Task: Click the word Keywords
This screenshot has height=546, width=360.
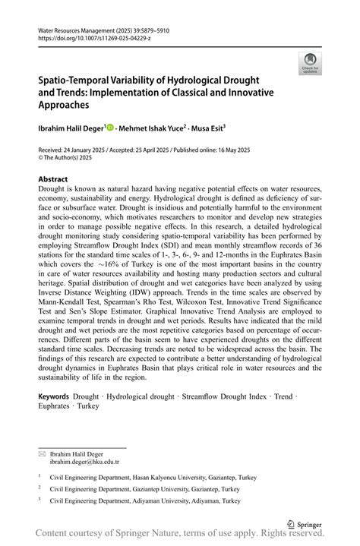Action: coord(53,396)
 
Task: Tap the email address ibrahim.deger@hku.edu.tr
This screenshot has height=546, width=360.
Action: coord(84,461)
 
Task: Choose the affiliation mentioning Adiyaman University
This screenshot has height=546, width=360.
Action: coord(144,500)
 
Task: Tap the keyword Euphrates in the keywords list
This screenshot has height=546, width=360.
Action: coord(55,406)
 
